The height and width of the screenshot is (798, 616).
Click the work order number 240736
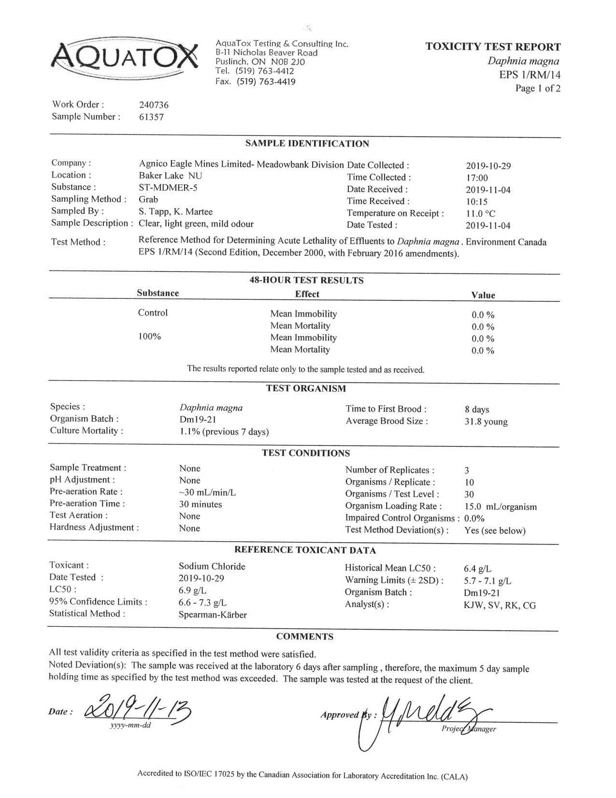154,105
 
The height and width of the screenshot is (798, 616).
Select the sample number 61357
151,117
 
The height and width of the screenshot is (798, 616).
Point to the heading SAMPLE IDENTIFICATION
307,144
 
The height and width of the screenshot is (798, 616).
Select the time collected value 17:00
477,178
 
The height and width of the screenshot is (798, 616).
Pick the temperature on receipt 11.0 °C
480,214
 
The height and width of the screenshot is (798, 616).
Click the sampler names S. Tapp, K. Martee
175,211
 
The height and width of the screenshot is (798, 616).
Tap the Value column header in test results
483,295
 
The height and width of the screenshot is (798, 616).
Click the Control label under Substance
153,313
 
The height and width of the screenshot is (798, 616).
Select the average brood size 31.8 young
486,422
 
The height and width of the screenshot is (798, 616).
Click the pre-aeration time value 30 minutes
200,504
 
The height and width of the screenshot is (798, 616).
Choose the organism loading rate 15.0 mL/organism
500,507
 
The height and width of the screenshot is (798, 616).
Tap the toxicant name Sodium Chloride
212,566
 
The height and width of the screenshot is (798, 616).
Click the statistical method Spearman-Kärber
213,615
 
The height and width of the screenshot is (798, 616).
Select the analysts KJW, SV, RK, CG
500,606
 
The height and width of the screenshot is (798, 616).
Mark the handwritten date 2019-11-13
138,709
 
